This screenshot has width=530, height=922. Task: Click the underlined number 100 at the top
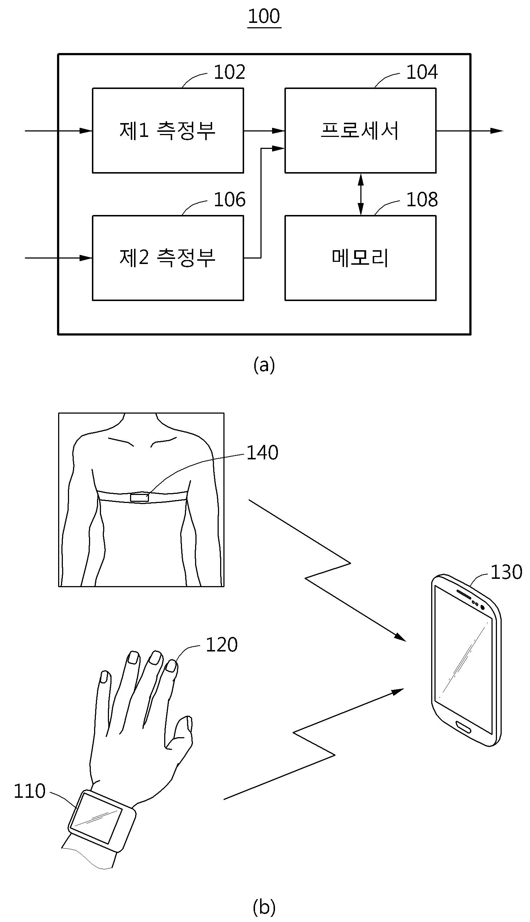coord(264,17)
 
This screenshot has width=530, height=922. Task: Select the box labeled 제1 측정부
coord(168,130)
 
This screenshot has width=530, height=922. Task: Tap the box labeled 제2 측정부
coord(168,257)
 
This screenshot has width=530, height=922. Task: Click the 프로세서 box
coord(360,130)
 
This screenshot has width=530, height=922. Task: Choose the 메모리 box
coord(360,257)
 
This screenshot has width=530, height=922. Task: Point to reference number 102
coord(229,72)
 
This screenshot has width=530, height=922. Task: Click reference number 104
coord(422,72)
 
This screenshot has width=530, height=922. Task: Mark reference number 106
coord(229,200)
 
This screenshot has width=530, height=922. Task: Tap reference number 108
coord(422,200)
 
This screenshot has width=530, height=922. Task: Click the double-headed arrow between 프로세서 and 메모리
coord(360,194)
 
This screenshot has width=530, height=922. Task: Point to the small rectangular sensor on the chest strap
coord(139,497)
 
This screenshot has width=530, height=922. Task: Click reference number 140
coord(262,453)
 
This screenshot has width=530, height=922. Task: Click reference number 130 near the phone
coord(506,572)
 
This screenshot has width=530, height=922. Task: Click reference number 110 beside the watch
coord(29,791)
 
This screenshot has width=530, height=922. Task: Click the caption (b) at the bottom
coord(264,907)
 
